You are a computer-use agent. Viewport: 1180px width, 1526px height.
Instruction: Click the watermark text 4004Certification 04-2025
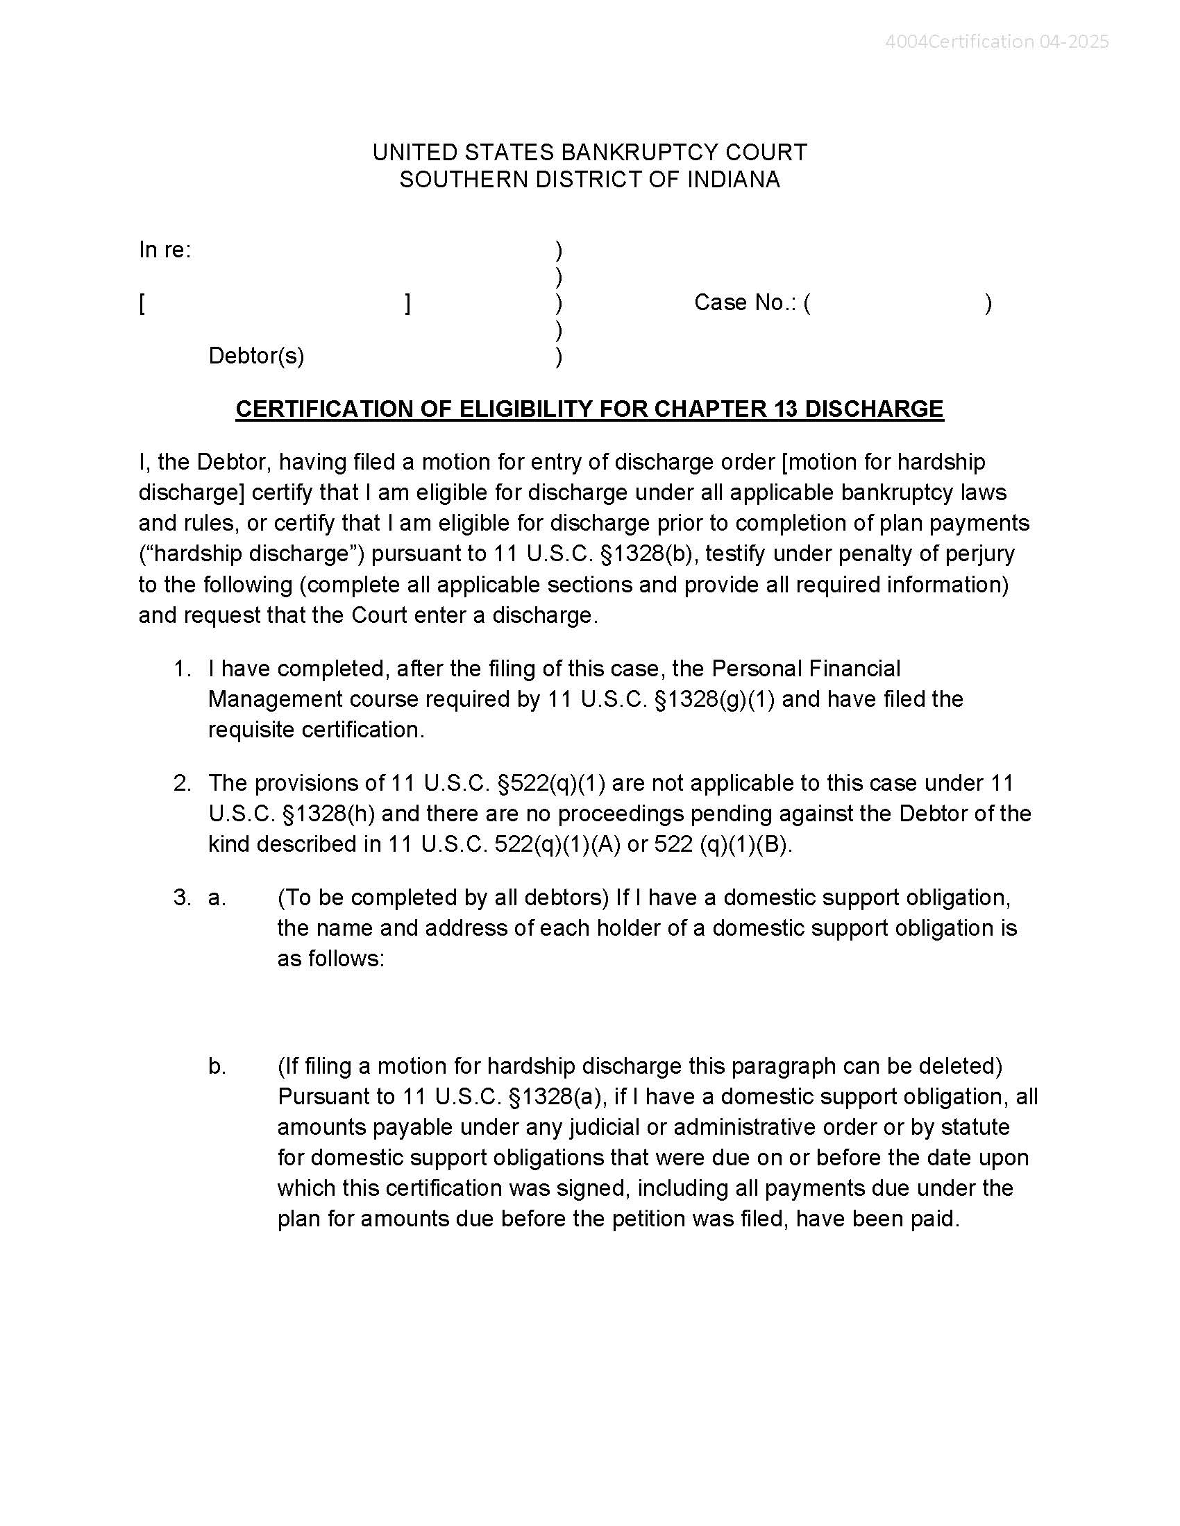(x=996, y=42)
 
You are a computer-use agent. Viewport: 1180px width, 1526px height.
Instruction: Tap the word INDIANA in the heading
(x=733, y=180)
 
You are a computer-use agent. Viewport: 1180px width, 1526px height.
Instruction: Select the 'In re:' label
(x=165, y=250)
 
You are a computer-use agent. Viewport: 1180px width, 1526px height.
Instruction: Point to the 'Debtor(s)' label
(x=256, y=356)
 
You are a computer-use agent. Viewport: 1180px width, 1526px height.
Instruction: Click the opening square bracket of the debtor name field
(x=142, y=304)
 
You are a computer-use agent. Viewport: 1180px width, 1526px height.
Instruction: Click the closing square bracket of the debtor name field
(x=407, y=304)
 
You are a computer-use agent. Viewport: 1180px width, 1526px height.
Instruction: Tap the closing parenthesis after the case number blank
(x=988, y=303)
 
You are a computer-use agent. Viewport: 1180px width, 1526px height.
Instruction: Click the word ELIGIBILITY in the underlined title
(x=526, y=409)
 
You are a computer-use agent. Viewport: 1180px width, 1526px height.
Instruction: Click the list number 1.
(x=182, y=669)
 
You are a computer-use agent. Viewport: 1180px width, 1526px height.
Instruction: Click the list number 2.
(x=182, y=783)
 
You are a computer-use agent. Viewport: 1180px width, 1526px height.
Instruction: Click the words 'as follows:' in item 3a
(x=330, y=959)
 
